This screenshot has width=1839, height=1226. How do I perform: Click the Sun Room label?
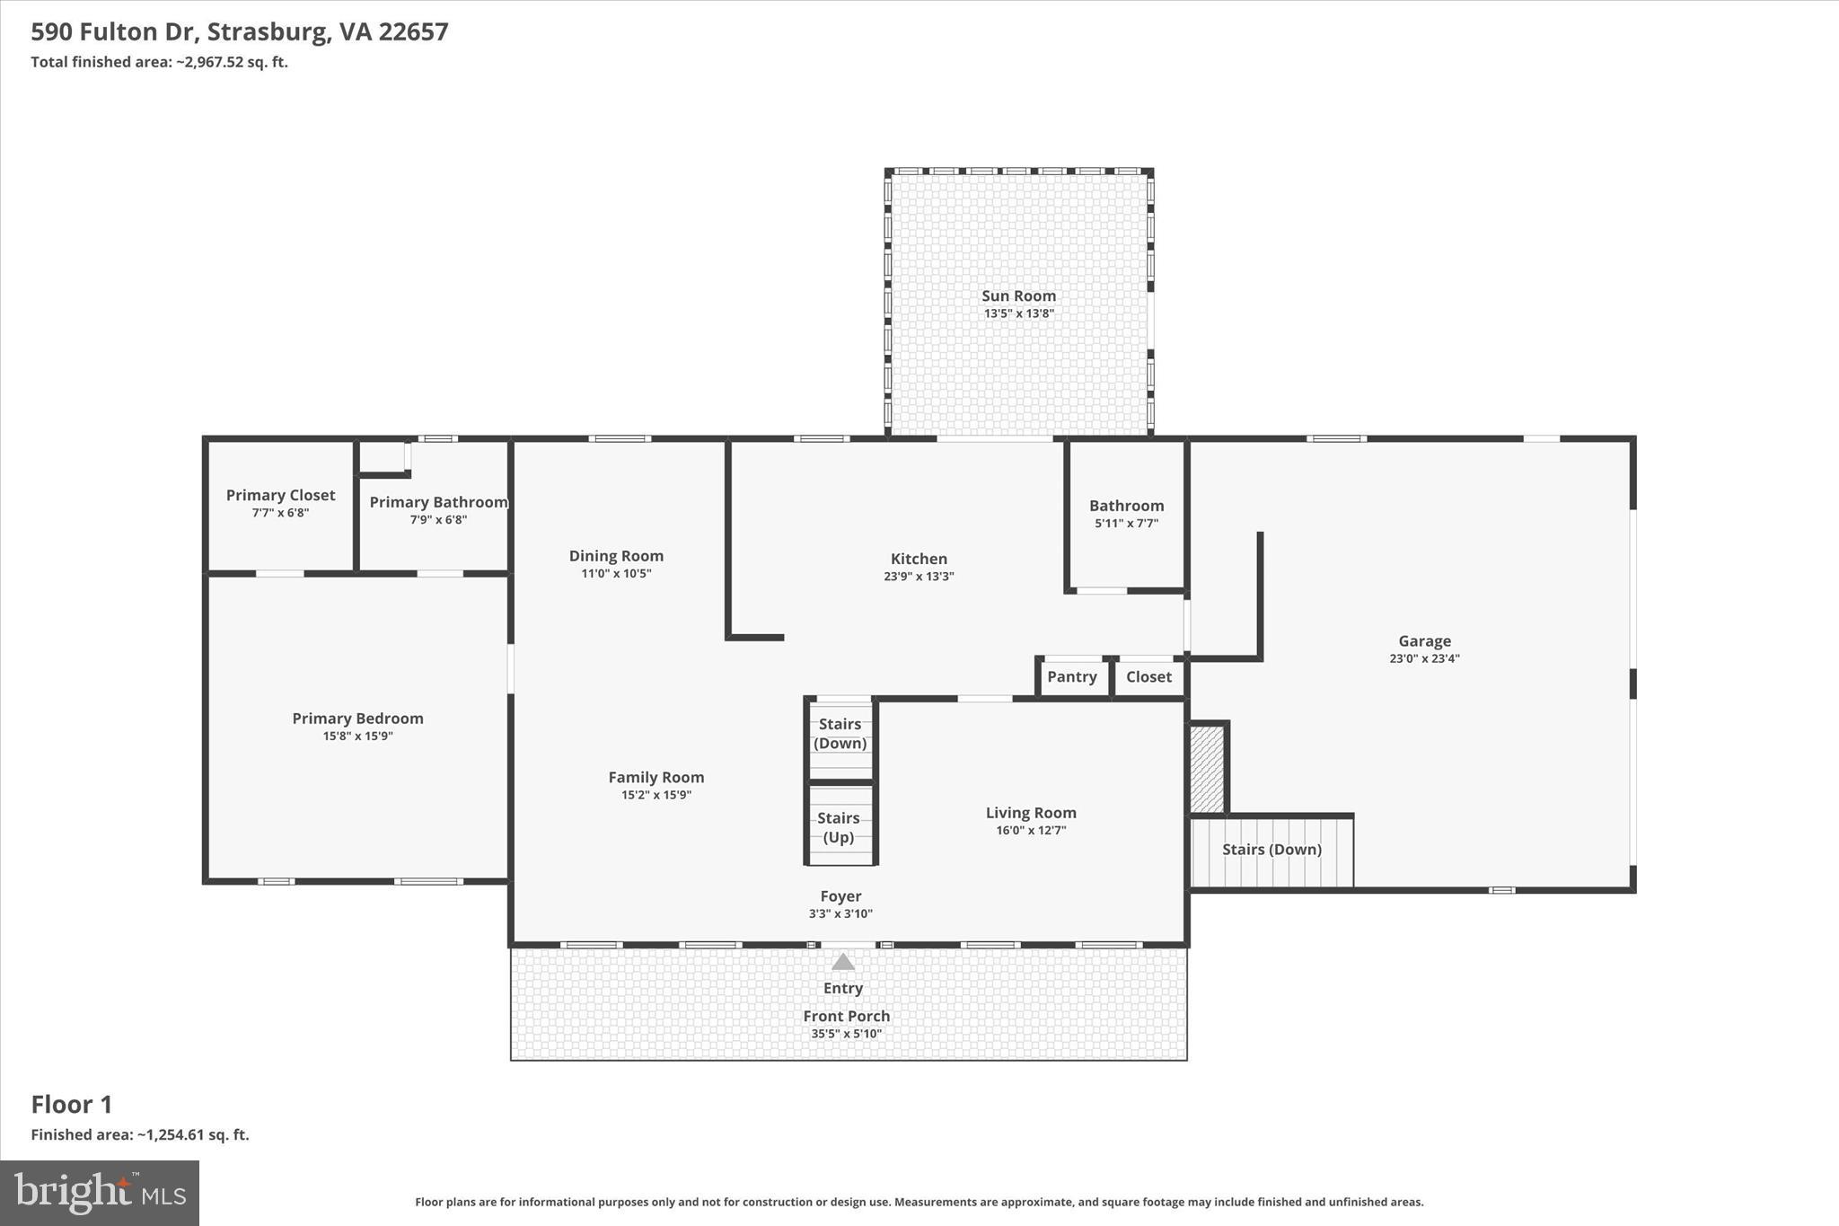[1018, 295]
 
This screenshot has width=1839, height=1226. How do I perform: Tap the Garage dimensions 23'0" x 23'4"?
[1424, 658]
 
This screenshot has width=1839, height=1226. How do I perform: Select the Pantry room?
[1072, 677]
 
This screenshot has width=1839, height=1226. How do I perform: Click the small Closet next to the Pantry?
[1148, 677]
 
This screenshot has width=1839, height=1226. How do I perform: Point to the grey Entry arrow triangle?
[842, 962]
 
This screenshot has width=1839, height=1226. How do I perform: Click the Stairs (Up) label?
[839, 827]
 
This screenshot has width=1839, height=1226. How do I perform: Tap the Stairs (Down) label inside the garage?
[1271, 850]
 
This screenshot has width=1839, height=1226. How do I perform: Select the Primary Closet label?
[280, 495]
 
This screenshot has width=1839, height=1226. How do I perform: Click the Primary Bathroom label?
[438, 502]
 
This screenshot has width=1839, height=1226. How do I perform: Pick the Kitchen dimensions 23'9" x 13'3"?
[919, 577]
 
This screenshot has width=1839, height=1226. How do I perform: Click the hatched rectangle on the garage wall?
[1207, 769]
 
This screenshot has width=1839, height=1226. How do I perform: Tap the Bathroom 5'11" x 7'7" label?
[1126, 506]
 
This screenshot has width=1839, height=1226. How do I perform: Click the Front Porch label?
[846, 1016]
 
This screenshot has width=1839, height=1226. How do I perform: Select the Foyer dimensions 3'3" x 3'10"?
[840, 914]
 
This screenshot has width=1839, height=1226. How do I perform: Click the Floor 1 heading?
[72, 1104]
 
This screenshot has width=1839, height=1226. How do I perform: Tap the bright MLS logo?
[100, 1193]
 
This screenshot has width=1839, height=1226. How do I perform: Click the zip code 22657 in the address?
[413, 32]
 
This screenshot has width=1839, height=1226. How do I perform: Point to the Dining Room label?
[616, 556]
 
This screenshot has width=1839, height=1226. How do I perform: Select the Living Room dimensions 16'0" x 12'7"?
[1031, 831]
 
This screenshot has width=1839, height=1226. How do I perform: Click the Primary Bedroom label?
[357, 719]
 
